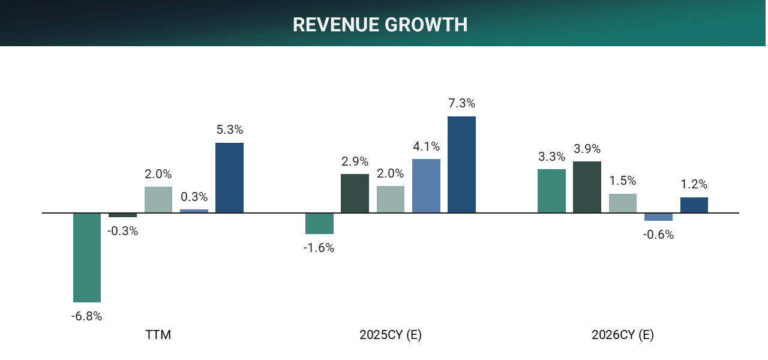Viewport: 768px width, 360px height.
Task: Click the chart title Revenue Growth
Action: coord(380,25)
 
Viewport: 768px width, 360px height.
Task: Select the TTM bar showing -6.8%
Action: coord(87,257)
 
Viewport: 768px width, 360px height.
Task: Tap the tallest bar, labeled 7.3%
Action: coord(461,164)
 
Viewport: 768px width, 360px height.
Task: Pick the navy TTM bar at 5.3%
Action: coord(229,178)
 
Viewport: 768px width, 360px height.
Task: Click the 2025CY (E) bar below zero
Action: coord(319,223)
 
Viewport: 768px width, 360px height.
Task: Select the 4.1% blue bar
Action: coord(426,185)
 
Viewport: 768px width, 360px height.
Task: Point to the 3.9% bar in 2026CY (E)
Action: coord(587,187)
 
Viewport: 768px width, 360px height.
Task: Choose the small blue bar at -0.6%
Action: coord(658,217)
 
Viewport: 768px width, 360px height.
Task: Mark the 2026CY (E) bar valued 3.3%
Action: coord(551,191)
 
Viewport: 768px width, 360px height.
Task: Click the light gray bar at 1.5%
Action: coord(622,203)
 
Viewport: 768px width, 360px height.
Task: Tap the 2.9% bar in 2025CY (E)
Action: coord(355,193)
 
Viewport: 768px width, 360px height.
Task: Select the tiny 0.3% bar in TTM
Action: coord(194,211)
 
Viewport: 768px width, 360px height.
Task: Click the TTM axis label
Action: coord(158,335)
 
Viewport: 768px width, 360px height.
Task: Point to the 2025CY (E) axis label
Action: coord(391,335)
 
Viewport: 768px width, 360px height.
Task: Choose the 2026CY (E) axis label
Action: coord(622,335)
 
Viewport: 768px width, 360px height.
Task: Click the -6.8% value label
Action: coord(87,316)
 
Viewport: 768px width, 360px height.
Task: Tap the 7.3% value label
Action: coord(461,103)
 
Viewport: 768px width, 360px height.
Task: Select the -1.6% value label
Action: coord(319,248)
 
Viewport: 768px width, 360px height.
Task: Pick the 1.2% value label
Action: coord(694,184)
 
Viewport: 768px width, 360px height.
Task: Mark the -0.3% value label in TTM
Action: coord(123,231)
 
